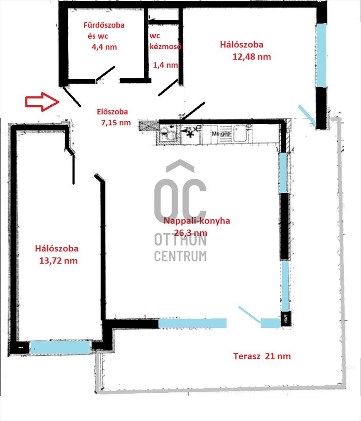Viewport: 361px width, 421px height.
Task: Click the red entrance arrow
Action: [42, 102]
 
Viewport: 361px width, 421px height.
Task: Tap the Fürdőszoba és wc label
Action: [104, 30]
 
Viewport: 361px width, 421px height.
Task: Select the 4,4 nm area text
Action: [104, 47]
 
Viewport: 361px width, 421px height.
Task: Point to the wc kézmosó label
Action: [165, 41]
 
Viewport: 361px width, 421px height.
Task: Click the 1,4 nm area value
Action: [165, 65]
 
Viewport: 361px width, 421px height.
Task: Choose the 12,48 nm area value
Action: [251, 57]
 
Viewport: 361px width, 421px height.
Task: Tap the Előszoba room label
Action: [112, 112]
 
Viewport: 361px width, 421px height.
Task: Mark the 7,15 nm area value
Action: [116, 123]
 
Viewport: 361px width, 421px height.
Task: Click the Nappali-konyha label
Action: [197, 221]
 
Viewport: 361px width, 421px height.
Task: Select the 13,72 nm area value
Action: [58, 261]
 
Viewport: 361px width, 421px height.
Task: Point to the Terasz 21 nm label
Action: [262, 356]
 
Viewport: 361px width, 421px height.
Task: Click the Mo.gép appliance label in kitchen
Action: [221, 133]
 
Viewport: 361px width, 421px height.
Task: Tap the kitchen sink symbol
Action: [168, 133]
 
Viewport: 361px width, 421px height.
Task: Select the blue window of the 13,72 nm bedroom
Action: [59, 347]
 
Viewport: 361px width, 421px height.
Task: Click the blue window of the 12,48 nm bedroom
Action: [321, 55]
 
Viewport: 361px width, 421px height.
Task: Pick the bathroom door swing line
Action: [105, 73]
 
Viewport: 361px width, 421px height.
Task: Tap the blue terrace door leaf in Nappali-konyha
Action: [249, 314]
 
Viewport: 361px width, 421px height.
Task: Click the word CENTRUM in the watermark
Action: [180, 256]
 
